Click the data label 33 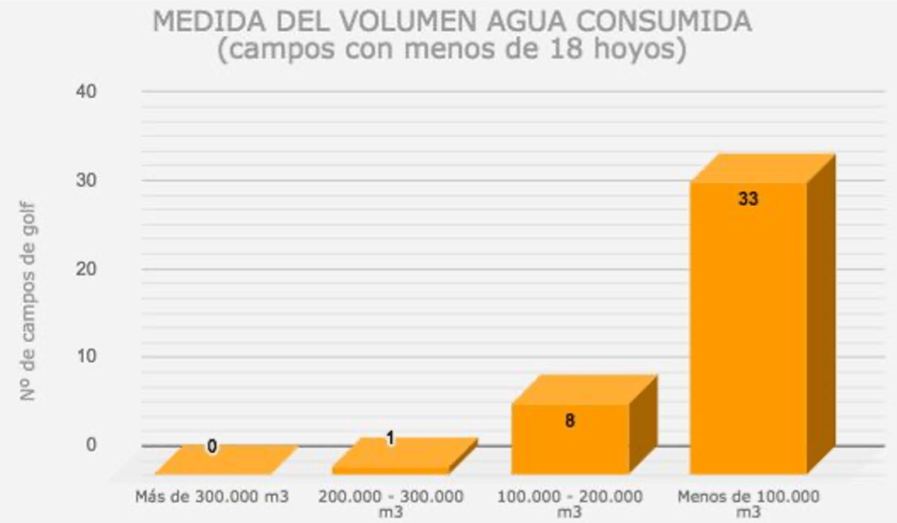point(748,199)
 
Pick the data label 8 point(569,421)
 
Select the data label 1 point(390,437)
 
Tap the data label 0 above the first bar point(212,447)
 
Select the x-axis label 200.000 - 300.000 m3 point(391,503)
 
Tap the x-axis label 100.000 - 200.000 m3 point(569,503)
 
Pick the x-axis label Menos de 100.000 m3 point(748,503)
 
